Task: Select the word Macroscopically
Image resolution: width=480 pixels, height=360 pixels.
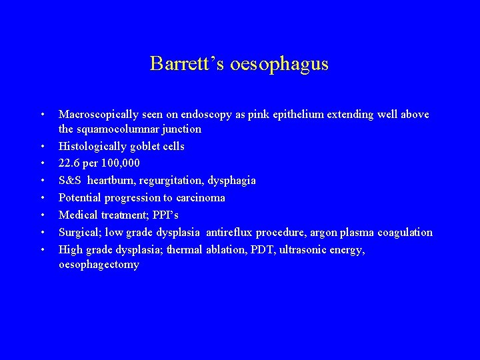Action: [x=97, y=115]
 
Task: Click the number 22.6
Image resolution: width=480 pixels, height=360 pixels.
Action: [x=70, y=163]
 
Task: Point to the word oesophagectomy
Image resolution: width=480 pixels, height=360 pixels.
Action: [x=99, y=265]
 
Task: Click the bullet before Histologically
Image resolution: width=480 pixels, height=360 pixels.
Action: [x=42, y=146]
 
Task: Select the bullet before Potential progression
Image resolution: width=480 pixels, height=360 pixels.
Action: [x=42, y=198]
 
